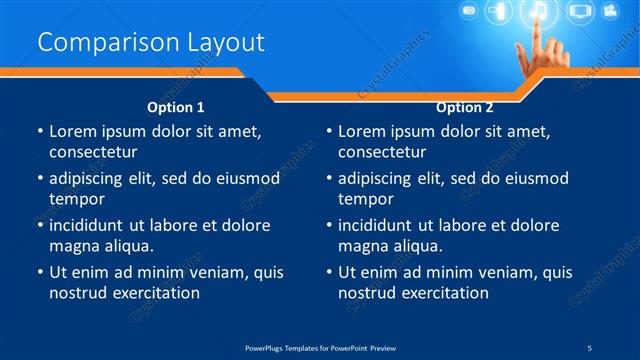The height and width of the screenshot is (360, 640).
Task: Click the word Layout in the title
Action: click(x=225, y=42)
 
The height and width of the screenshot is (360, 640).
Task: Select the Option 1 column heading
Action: click(x=176, y=106)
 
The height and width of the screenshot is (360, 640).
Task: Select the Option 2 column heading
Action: click(x=465, y=106)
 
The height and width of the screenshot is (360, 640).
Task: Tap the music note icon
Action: click(x=537, y=12)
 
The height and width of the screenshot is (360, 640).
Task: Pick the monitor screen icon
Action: click(x=579, y=12)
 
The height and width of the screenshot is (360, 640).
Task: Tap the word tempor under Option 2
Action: click(x=365, y=198)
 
